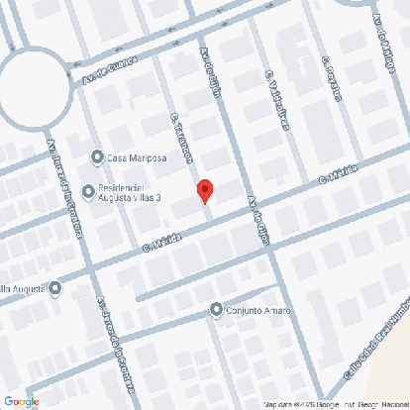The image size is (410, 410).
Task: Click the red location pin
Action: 204,190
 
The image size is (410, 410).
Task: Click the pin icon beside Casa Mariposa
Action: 97,155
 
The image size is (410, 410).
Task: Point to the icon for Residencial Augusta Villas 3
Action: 89,191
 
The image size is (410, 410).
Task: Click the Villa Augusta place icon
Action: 55,289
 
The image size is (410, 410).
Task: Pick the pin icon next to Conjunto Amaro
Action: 217,310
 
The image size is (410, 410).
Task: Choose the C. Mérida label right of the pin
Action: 338,178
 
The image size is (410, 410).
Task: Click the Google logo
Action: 21,401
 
